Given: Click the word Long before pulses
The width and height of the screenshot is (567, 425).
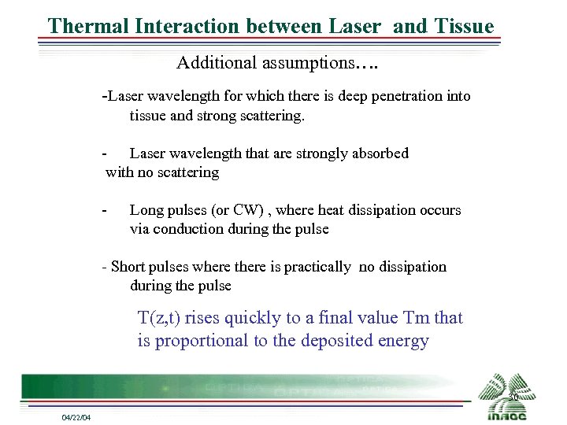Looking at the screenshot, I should click(x=146, y=210).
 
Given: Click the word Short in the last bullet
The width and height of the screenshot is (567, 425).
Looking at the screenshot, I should click(x=129, y=267).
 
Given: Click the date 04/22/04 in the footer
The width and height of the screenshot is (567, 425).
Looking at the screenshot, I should click(x=76, y=417).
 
